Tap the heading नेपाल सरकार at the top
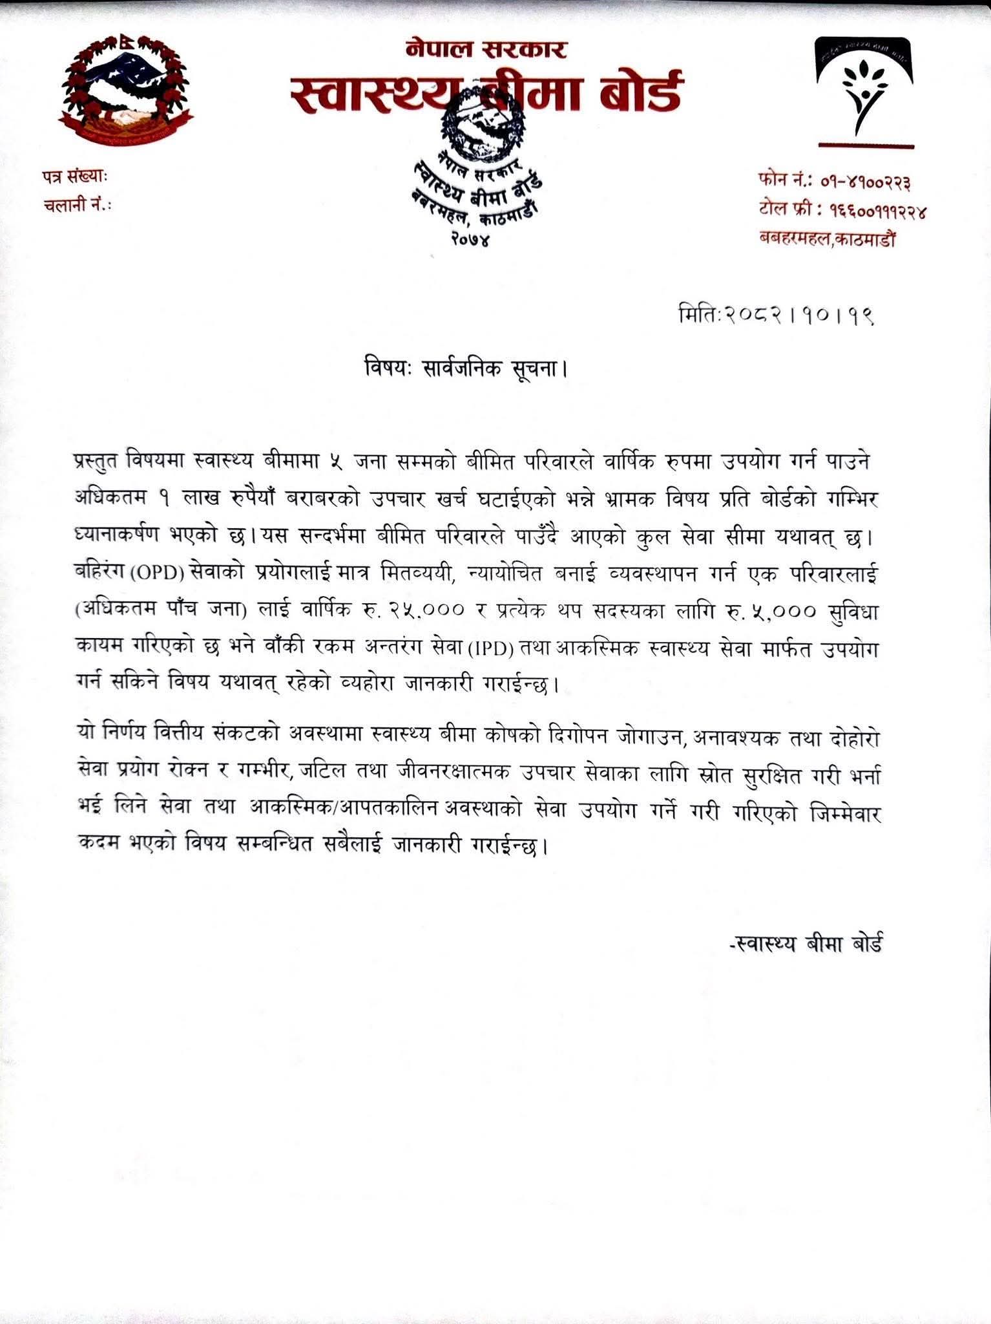click(486, 49)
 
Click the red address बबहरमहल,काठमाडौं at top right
click(828, 239)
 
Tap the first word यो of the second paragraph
click(83, 738)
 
